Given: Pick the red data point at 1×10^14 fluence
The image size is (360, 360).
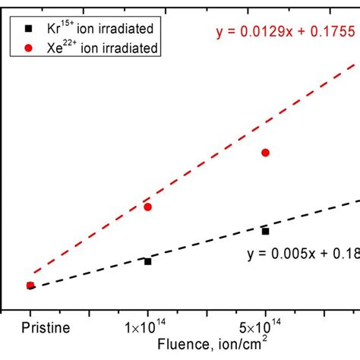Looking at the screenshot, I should point(148,207).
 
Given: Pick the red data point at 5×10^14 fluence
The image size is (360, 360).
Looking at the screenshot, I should point(265,153).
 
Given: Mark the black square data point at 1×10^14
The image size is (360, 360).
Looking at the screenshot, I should point(148,261).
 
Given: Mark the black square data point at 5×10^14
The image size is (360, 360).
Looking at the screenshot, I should point(265,231).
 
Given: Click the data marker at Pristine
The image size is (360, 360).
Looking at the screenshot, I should point(30,286).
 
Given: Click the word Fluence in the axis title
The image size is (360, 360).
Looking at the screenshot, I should point(180,344).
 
